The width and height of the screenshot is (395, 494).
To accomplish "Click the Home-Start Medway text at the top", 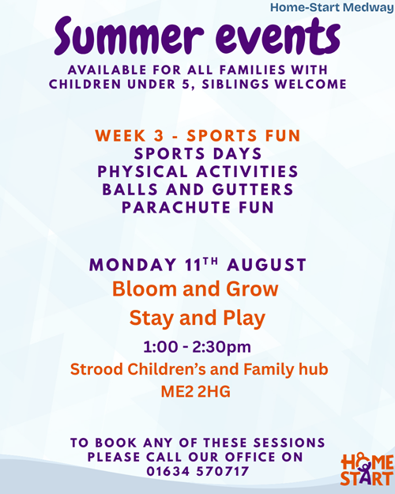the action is click(x=332, y=7).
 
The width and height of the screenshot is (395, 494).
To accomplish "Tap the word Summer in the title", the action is click(x=129, y=36).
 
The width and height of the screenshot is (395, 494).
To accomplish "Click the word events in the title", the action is click(x=278, y=36).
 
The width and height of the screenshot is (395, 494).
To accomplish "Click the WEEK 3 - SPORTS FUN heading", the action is click(x=197, y=136).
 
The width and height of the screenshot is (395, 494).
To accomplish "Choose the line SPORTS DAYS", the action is click(x=197, y=154).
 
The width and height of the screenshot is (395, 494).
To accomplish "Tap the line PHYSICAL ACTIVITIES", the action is click(x=197, y=172).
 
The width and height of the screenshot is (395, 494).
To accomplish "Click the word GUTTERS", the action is click(x=253, y=190).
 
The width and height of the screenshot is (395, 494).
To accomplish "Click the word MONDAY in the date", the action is click(x=133, y=265).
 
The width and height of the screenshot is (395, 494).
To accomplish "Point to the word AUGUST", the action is click(x=266, y=265).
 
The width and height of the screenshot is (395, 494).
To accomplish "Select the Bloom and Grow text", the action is click(x=195, y=289).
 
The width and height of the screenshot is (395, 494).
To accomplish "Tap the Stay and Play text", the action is click(x=197, y=318).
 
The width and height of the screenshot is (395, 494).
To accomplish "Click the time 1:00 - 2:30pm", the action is click(x=197, y=347).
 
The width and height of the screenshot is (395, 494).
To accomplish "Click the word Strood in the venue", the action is click(x=96, y=369).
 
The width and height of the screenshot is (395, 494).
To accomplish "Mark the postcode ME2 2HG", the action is click(x=196, y=391).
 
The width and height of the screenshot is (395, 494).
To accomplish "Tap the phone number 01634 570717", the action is click(x=197, y=472).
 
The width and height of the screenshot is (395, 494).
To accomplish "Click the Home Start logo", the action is click(x=367, y=469).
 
